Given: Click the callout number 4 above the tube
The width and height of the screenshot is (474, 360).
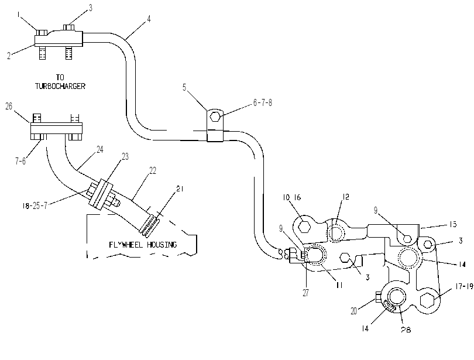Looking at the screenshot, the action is click(x=149, y=19).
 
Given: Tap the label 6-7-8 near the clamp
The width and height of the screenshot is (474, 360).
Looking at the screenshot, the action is click(x=262, y=103).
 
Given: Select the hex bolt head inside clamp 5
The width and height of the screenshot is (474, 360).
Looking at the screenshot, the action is click(x=215, y=116).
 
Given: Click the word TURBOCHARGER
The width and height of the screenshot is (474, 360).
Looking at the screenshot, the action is click(x=60, y=86).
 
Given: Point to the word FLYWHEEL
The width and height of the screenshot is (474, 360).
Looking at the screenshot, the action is click(x=126, y=244).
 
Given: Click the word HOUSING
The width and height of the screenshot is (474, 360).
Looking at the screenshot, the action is click(x=162, y=244).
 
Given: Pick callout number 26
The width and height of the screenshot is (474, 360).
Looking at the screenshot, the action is click(x=9, y=106).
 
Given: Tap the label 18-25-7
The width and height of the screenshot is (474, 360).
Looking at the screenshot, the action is click(x=35, y=206).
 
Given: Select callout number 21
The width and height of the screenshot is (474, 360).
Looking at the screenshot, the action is click(x=180, y=188).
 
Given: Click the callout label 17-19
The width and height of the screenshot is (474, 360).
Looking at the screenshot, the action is click(x=464, y=286).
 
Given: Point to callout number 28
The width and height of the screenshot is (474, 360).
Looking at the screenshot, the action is click(x=406, y=330).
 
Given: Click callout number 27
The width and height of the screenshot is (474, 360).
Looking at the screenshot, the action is click(x=305, y=293).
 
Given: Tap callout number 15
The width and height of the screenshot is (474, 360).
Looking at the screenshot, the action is click(x=453, y=224).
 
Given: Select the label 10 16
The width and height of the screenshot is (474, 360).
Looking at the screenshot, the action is click(x=292, y=197).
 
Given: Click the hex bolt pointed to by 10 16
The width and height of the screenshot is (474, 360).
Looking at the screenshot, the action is click(x=304, y=226).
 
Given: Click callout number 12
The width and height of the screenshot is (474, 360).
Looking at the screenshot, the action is click(x=345, y=197).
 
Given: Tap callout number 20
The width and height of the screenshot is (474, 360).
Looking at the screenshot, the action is click(x=354, y=311).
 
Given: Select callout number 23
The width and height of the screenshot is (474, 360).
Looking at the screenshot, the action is click(x=125, y=156).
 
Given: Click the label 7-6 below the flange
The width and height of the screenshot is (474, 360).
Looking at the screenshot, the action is click(x=20, y=161).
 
